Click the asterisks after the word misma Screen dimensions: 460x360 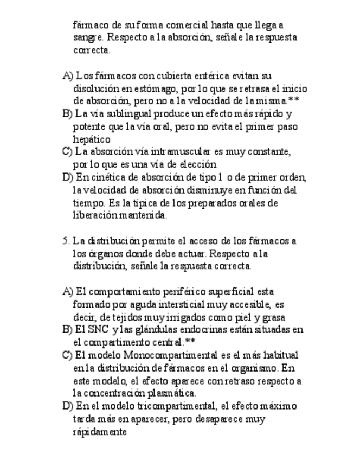[x=294, y=101]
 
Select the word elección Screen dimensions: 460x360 [x=199, y=164]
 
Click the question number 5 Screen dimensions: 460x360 [x=66, y=240]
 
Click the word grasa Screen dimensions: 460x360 [x=273, y=317]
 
